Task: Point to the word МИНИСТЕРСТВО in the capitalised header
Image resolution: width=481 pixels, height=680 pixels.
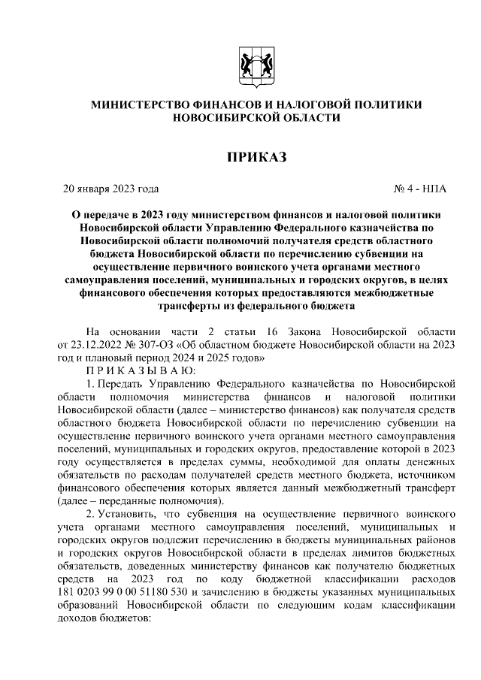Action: (143, 104)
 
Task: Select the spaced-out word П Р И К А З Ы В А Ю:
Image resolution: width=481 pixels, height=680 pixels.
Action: (141, 370)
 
